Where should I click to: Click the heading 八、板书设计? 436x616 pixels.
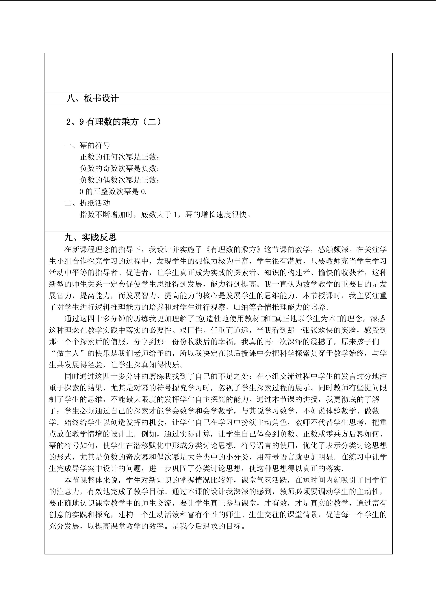pyautogui.click(x=92, y=98)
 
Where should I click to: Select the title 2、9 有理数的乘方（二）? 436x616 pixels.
pyautogui.click(x=114, y=122)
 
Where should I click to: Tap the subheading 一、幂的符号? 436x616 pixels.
pyautogui.click(x=87, y=145)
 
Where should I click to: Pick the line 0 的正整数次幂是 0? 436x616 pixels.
pyautogui.click(x=113, y=192)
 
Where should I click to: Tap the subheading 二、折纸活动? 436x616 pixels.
pyautogui.click(x=87, y=203)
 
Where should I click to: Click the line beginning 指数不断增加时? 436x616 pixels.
pyautogui.click(x=165, y=215)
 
